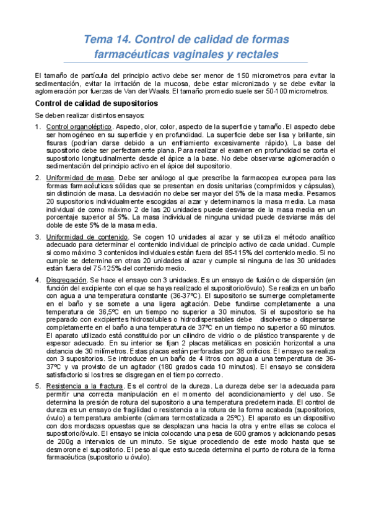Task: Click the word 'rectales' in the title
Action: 255,54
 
